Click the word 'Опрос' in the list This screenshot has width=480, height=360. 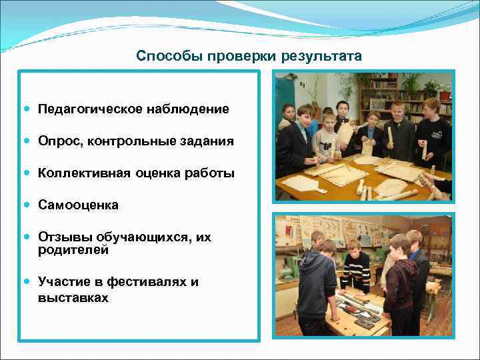(x=55, y=141)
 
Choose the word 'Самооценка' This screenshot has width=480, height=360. (x=78, y=205)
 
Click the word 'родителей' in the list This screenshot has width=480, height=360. (x=73, y=251)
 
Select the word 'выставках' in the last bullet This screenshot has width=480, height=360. (x=73, y=298)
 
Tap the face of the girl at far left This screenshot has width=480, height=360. (x=289, y=111)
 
